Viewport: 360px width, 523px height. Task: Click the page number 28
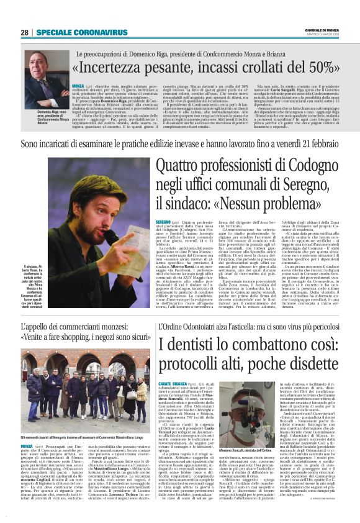(x=25, y=32)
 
